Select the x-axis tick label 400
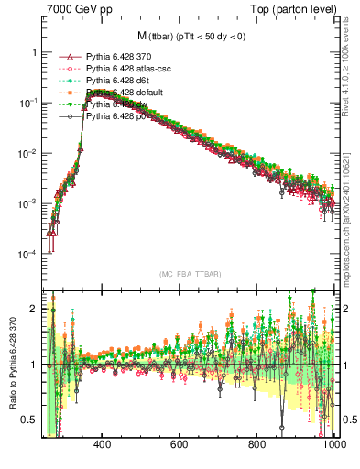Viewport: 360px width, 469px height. (102, 444)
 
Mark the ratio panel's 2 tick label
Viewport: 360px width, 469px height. (34, 309)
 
